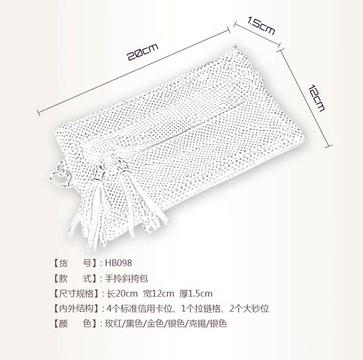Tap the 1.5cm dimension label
coord(261,26)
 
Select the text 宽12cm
coord(159,293)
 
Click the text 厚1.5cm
coord(196,293)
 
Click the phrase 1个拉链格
coord(199,308)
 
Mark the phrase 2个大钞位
coord(249,308)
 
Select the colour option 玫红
coord(113,323)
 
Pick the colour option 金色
coord(153,323)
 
